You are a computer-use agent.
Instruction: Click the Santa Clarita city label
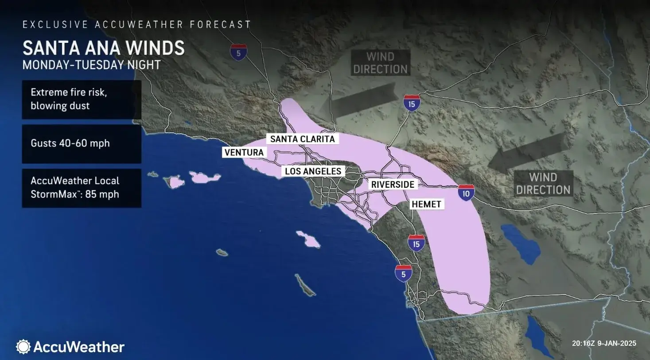(x=302, y=139)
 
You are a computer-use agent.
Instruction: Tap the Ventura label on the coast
(x=244, y=153)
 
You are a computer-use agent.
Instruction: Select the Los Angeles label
(x=313, y=171)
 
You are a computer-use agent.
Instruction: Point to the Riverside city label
(x=393, y=185)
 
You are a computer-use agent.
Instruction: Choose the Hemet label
(x=426, y=204)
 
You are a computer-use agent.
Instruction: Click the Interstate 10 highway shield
(x=466, y=194)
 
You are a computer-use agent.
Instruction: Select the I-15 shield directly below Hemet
(x=416, y=244)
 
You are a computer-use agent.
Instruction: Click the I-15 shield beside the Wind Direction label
(x=412, y=104)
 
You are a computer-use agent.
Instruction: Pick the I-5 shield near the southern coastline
(x=403, y=274)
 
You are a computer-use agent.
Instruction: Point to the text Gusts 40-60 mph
(x=70, y=143)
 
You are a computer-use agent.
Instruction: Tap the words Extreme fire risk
(x=69, y=93)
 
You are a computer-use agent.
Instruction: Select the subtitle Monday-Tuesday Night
(x=91, y=65)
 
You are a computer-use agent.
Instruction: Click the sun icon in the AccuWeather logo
(x=23, y=347)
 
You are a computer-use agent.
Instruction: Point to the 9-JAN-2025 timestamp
(x=617, y=343)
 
